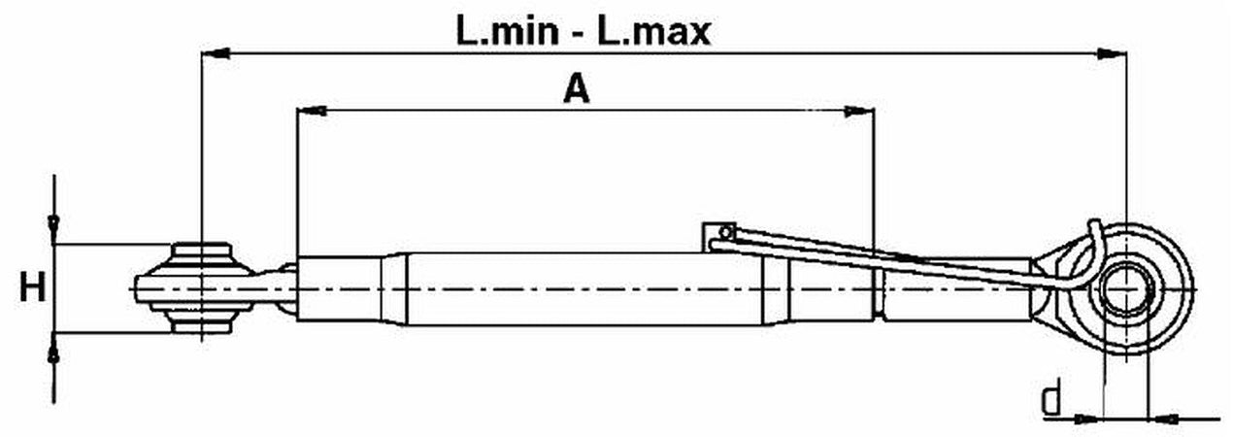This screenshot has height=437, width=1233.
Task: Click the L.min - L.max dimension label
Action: point(584,31)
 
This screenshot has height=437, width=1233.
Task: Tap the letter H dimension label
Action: point(33,288)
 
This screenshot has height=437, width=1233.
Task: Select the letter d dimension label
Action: point(1050,398)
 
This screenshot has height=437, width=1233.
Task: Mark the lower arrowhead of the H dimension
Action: point(54,348)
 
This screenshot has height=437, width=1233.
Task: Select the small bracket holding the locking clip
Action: point(718,233)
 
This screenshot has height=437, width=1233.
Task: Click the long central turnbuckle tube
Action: point(583,288)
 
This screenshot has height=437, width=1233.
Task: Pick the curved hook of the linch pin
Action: point(1095,243)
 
